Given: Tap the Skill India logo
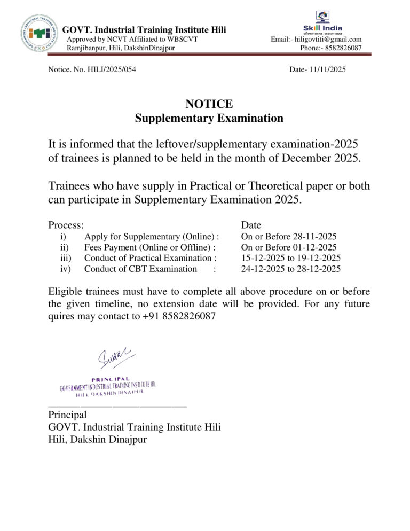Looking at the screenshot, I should [x=323, y=21].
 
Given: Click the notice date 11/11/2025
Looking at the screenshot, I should [x=325, y=69].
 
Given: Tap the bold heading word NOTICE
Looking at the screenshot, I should [x=209, y=104].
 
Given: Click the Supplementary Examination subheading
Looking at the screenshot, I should [x=209, y=118].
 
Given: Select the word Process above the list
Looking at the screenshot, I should [x=65, y=225].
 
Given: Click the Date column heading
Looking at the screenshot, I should [x=251, y=225].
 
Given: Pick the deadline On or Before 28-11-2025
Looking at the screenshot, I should [x=289, y=237].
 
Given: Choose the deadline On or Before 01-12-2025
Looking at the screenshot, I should [x=289, y=247].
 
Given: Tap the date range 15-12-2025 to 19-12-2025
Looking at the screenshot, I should [x=291, y=258].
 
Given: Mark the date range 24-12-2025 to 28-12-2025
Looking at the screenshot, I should [x=291, y=269].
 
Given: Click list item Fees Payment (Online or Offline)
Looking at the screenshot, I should [x=149, y=247].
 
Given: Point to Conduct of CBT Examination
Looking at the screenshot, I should [x=140, y=269].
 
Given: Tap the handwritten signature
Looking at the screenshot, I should [x=115, y=357].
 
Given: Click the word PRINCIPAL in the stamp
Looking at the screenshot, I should [x=110, y=379].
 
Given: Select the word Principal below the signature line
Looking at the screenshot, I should [x=67, y=415].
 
